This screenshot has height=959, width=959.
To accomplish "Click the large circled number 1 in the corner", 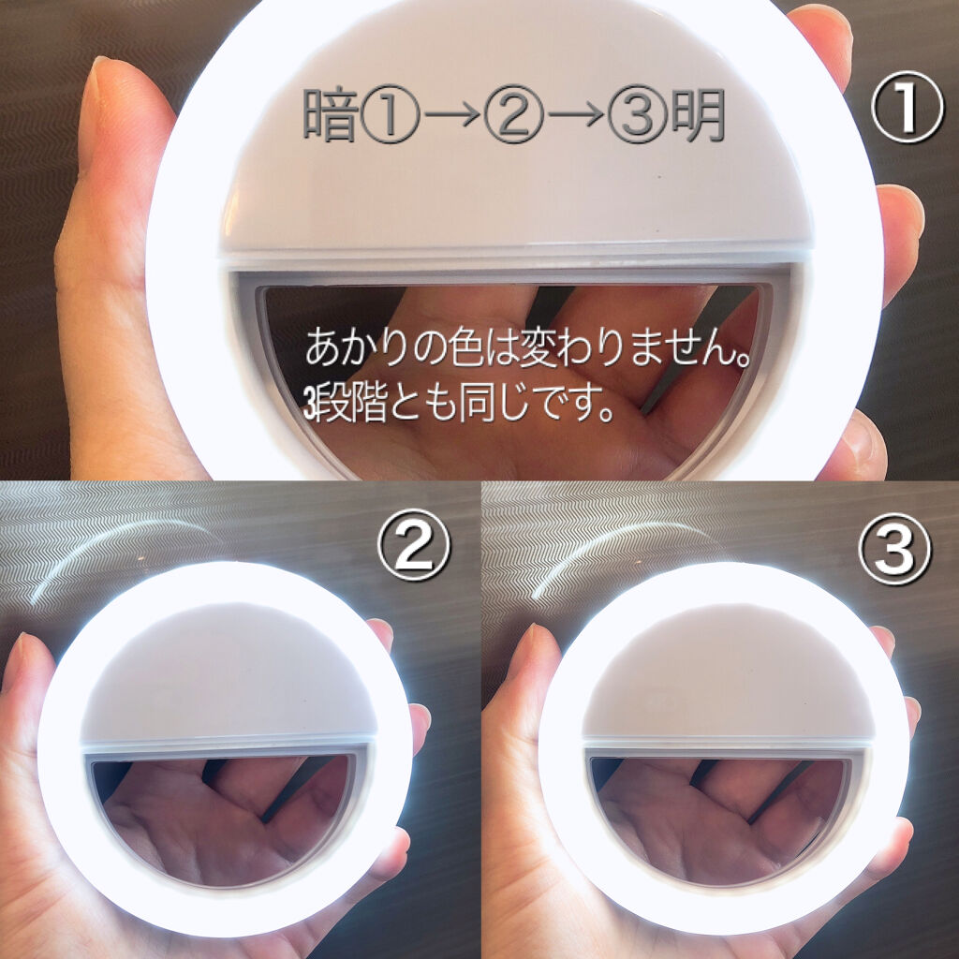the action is (907, 109).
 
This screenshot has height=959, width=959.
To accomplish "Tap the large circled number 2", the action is (413, 545).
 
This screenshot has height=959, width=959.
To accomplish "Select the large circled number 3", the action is (894, 548).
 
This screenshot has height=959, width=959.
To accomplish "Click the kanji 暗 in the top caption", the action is (331, 115).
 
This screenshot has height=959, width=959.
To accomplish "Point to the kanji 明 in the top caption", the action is (698, 115).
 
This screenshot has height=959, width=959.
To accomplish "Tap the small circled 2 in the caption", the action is (514, 115).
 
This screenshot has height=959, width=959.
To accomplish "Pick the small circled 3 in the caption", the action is (638, 115).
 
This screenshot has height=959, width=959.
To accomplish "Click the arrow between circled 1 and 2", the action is (452, 115).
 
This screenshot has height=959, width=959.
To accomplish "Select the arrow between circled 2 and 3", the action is (576, 115).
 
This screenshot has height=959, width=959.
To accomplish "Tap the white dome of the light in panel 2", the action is (228, 672).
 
